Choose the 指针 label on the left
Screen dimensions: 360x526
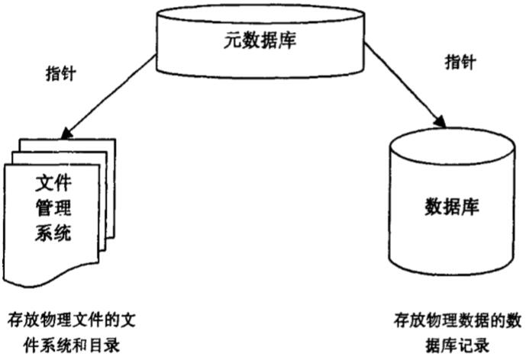[x=60, y=74]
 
